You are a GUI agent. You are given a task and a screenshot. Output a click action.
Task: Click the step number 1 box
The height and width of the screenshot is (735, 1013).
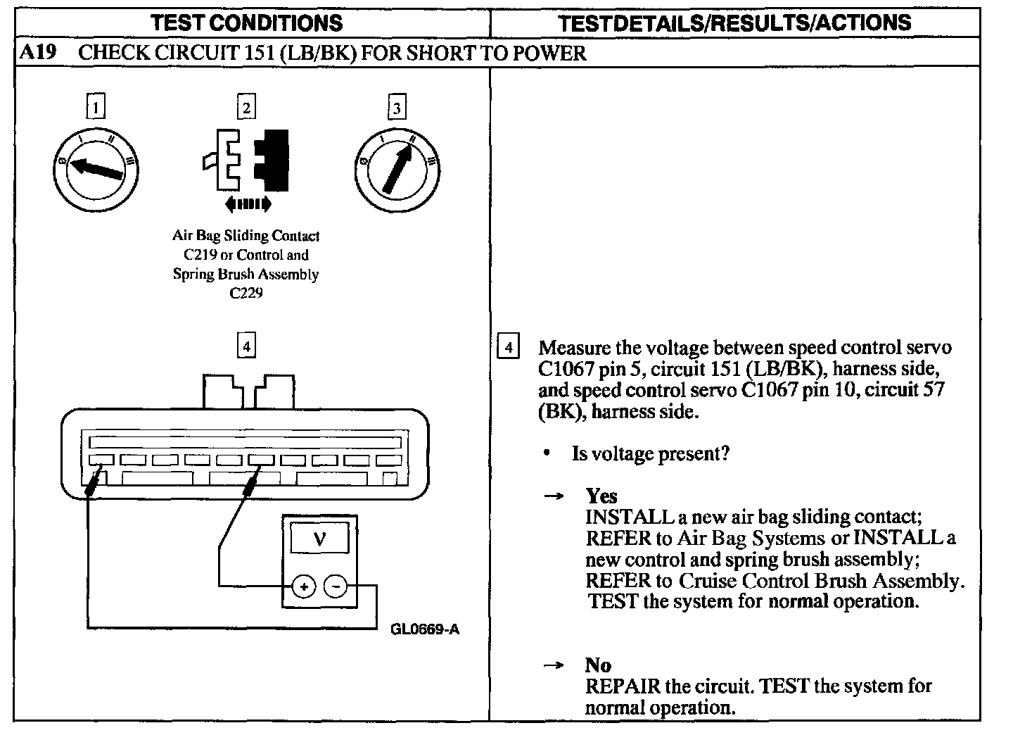[x=96, y=107]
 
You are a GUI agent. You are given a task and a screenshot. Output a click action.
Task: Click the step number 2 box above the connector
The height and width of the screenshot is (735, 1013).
[x=246, y=107]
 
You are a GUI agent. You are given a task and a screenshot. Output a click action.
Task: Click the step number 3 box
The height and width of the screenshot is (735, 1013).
[x=397, y=108]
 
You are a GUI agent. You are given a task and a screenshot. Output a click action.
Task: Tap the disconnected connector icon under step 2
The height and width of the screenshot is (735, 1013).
[x=246, y=161]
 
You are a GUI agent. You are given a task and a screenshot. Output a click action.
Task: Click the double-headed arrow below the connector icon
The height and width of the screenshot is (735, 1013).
[x=247, y=204]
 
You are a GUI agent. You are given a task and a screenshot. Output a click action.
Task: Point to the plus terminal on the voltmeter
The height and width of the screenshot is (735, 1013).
[x=304, y=586]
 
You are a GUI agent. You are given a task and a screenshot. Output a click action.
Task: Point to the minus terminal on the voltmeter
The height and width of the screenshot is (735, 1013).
[x=336, y=586]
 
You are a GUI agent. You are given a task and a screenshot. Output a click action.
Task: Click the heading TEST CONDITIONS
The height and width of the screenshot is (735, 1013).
[x=247, y=23]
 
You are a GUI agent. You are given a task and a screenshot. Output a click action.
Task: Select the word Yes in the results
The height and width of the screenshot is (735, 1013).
[x=601, y=496]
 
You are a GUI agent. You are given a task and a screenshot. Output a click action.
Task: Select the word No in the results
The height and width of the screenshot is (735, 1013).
[x=598, y=665]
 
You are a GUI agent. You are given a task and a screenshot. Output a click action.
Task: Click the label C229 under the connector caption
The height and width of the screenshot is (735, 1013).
[x=246, y=293]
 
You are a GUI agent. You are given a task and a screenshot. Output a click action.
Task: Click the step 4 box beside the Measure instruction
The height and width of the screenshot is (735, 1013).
[x=508, y=347]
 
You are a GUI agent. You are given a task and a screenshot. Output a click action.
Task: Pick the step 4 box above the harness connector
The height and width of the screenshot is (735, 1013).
[x=246, y=346]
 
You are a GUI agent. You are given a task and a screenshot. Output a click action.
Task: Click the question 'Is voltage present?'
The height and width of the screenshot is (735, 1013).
[x=651, y=453]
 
